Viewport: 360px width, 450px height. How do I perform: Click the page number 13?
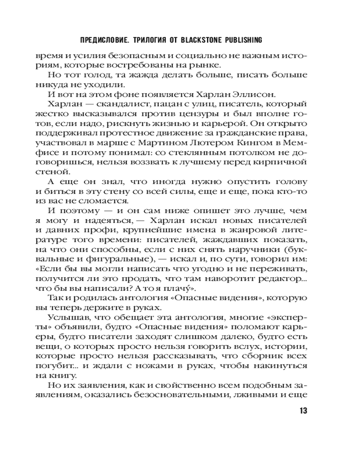point(301,411)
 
